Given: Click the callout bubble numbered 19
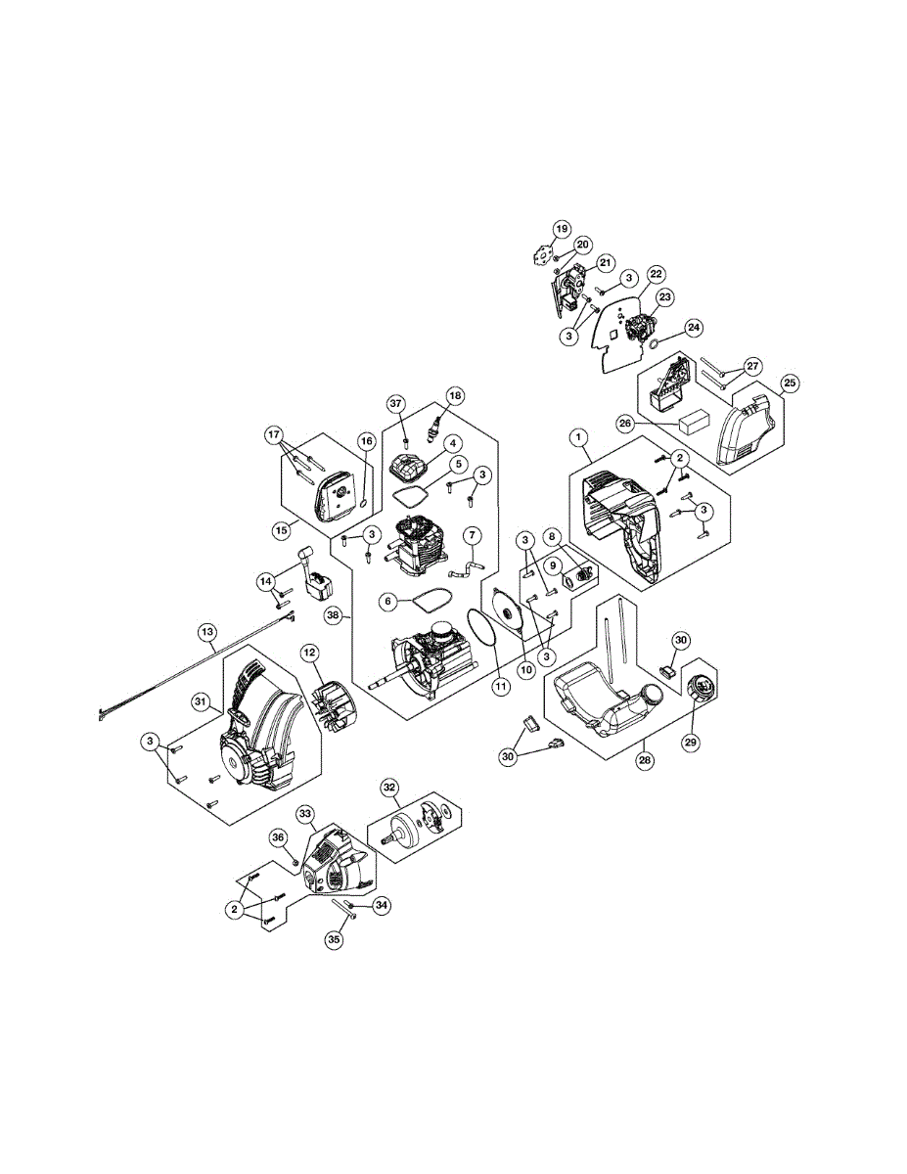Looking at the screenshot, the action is coord(561,229).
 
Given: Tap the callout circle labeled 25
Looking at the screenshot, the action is coord(790,382).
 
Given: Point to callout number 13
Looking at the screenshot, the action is coord(207,633).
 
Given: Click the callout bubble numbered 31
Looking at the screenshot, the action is coord(201,700).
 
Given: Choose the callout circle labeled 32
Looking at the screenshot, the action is coord(389,788).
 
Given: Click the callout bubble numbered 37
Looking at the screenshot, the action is coord(395,403).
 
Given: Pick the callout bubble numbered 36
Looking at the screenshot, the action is coord(279,837).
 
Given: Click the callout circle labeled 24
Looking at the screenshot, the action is coord(665,327).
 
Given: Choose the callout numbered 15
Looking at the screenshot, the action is coord(282,529).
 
